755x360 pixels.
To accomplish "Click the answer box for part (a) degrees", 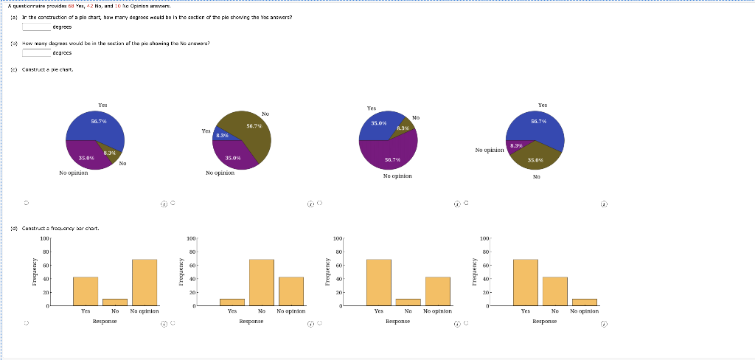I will [x=36, y=27].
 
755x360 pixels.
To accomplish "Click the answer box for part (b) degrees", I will [x=36, y=53].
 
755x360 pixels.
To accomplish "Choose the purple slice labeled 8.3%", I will [x=516, y=145].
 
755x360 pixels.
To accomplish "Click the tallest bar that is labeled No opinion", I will [x=145, y=282].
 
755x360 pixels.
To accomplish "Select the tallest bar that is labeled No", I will [x=262, y=282].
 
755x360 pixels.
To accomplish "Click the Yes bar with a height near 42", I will [x=86, y=291].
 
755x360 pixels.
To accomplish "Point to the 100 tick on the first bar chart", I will [x=44, y=239].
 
